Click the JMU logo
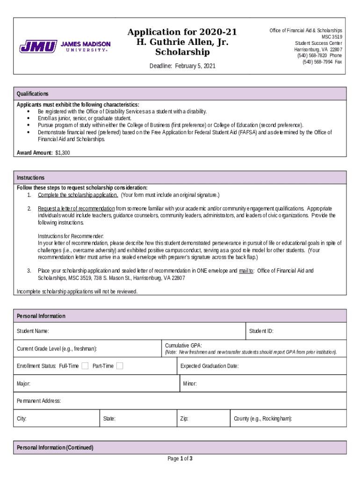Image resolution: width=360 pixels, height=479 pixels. tap(65, 47)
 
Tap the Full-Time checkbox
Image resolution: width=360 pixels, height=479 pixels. tap(85, 366)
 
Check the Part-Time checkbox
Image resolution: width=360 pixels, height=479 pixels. tap(120, 366)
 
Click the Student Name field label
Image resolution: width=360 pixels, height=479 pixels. tap(33, 331)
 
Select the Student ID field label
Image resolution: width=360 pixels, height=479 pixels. tap(261, 331)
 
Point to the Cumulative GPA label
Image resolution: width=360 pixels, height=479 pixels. tap(183, 345)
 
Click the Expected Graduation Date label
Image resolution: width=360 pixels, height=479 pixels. tap(209, 366)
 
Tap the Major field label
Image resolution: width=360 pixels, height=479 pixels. tap(24, 384)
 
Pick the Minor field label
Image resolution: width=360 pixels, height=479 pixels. tap(190, 384)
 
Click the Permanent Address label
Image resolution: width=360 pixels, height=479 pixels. tap(39, 401)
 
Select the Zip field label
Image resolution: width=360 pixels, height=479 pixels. tap(184, 419)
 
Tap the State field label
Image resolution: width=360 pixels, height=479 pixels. tap(109, 419)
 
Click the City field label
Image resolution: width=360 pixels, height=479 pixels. tap(22, 419)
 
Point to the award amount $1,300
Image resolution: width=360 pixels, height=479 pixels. tap(62, 153)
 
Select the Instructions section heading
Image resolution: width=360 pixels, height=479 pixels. tap(31, 178)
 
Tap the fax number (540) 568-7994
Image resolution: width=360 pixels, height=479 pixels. tap(317, 62)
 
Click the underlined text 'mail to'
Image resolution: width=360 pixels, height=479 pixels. tap(246, 271)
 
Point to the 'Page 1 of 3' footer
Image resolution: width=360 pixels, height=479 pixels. tap(180, 458)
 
